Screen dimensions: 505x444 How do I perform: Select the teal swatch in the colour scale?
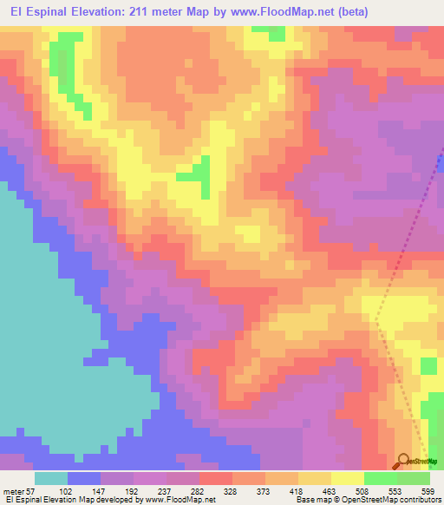tap(51, 478)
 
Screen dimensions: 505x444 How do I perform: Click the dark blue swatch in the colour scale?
tap(84, 478)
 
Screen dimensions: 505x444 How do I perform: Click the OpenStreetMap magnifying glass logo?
tap(403, 461)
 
